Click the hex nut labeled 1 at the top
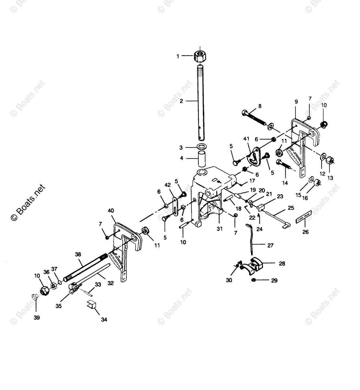coord(200,56)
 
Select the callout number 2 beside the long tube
coord(181,101)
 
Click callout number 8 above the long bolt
coord(260,106)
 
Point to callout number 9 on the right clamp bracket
coord(296,102)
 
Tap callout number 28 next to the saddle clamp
coord(282,264)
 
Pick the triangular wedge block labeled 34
coord(92,305)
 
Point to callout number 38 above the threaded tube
coord(78,254)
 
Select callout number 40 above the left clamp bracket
coord(110,210)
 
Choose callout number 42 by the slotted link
coord(168,185)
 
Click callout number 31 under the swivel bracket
coord(220,229)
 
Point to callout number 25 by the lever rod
coord(291,207)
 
